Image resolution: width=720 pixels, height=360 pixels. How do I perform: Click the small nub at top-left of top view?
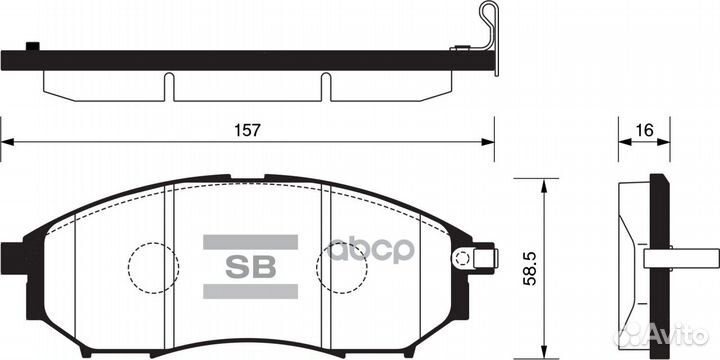coord(32,45)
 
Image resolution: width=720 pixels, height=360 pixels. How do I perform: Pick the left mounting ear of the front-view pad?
coord(14,259)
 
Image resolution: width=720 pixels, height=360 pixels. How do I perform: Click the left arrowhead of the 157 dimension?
coord(6,142)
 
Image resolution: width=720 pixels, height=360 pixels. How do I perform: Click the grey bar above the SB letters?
coord(250,241)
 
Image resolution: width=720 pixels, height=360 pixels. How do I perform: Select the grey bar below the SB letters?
coord(250,292)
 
